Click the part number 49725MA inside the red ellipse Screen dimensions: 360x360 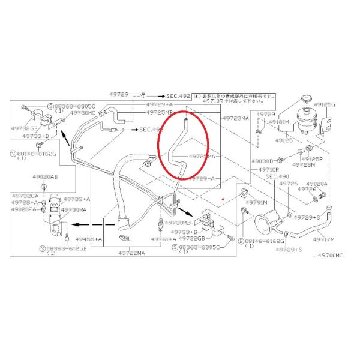tap(202, 156)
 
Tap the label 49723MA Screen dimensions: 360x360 tap(235, 119)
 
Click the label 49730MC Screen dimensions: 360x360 tap(82, 112)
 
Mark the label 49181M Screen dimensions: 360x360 tap(278, 121)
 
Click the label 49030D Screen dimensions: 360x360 tap(263, 161)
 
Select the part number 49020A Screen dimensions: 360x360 tap(317, 184)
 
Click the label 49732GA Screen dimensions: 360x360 tap(26, 196)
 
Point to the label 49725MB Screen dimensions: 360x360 tap(160, 112)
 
